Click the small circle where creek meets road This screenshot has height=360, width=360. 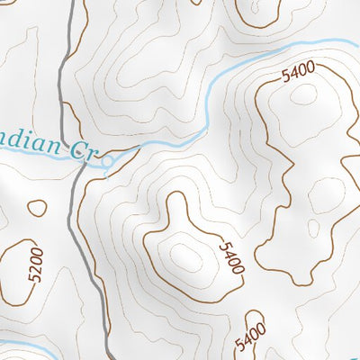[108, 163]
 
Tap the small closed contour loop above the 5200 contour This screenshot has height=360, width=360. [36, 208]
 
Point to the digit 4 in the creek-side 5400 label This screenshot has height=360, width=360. [294, 75]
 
